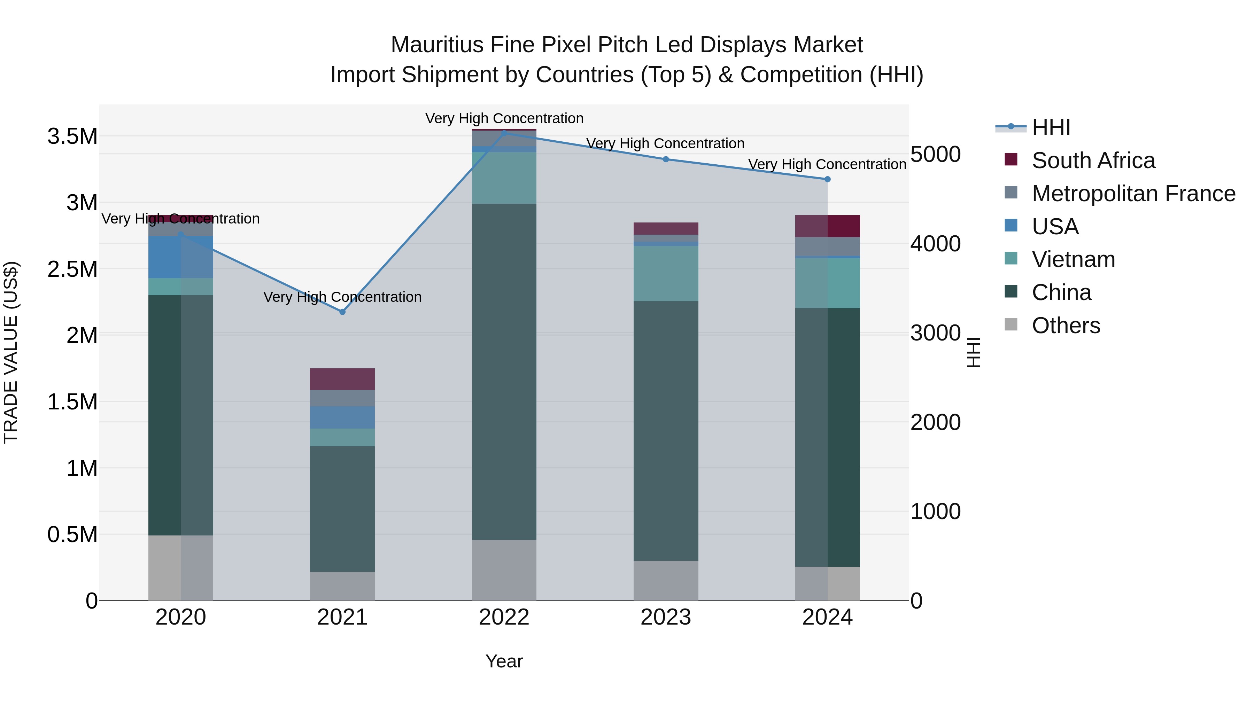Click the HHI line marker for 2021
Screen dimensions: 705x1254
[342, 312]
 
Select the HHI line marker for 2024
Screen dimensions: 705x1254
[827, 179]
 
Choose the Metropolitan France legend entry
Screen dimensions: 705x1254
[1133, 194]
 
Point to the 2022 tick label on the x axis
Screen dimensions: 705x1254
[504, 617]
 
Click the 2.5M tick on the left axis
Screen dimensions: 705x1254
[72, 269]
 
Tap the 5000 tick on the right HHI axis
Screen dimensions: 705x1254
[935, 154]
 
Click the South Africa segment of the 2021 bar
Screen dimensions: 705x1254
[342, 379]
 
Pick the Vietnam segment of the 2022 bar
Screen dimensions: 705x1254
[504, 178]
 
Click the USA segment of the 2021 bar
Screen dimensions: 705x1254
[342, 417]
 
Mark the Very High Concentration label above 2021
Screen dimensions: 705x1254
[342, 297]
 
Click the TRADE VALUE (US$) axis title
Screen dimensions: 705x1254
[11, 352]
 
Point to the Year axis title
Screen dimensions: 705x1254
[504, 661]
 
